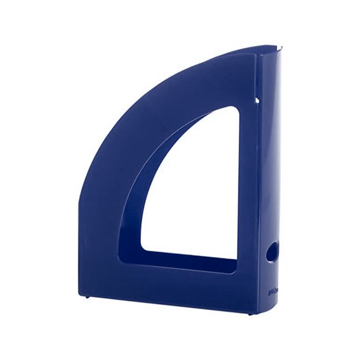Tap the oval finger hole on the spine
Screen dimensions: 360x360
pos(271,252)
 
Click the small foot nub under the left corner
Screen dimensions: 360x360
pos(89,297)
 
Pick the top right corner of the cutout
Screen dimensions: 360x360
pos(237,108)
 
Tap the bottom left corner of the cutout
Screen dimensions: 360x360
pos(142,250)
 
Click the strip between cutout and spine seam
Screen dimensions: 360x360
pos(248,193)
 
